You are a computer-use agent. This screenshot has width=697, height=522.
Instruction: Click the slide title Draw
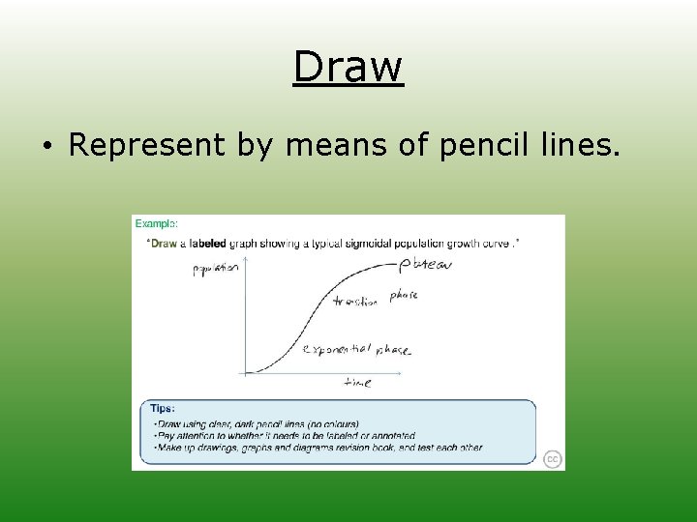tap(348, 67)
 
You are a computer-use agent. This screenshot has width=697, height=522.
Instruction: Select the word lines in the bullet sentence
tap(578, 145)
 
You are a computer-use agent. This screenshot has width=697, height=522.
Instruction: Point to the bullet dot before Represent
tap(46, 147)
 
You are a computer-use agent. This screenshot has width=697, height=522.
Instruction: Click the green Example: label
tap(156, 223)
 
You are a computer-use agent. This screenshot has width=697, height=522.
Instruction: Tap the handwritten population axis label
tap(214, 270)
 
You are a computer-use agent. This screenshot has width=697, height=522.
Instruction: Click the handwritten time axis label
tap(357, 383)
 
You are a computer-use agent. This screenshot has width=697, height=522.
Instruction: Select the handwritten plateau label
tap(425, 264)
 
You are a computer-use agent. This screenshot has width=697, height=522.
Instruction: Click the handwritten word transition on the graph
tap(354, 302)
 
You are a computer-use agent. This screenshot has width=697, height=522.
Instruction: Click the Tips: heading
tap(162, 409)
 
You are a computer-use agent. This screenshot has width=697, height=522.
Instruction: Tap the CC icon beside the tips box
tap(552, 459)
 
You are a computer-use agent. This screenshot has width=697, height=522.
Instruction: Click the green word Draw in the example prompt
tap(164, 244)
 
